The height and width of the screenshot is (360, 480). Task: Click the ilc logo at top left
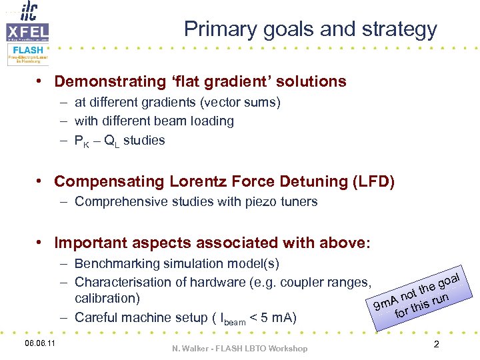pyautogui.click(x=28, y=11)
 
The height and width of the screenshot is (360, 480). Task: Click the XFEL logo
pyautogui.click(x=27, y=31)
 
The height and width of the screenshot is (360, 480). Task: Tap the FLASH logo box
pyautogui.click(x=27, y=54)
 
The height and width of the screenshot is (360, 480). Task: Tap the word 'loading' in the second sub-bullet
pyautogui.click(x=211, y=121)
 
